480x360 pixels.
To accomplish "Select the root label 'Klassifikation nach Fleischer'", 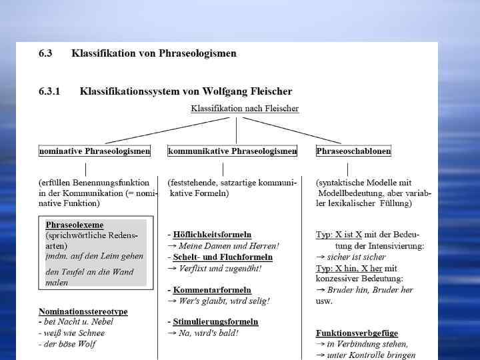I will pos(245,108).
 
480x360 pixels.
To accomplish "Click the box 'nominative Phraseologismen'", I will pos(95,151).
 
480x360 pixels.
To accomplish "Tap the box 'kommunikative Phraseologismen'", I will pos(233,151).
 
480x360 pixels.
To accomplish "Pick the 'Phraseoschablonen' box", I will pos(353,151).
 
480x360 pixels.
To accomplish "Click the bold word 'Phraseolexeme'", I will pos(75,225).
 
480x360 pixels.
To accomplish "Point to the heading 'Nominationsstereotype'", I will pos(83,311).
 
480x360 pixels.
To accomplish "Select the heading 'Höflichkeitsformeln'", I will pos(212,235).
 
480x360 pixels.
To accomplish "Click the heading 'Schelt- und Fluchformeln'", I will pos(223,257).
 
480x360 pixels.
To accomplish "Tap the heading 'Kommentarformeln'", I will pos(212,290).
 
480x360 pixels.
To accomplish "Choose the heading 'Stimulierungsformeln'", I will pos(215,321).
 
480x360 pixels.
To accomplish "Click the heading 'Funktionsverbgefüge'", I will pos(357,333).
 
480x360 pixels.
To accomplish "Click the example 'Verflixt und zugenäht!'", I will pos(219,268).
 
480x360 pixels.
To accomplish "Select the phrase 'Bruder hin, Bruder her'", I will pos(370,290).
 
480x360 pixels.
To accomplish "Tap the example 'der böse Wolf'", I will pos(70,344).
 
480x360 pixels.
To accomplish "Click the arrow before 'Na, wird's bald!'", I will pos(172,333).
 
